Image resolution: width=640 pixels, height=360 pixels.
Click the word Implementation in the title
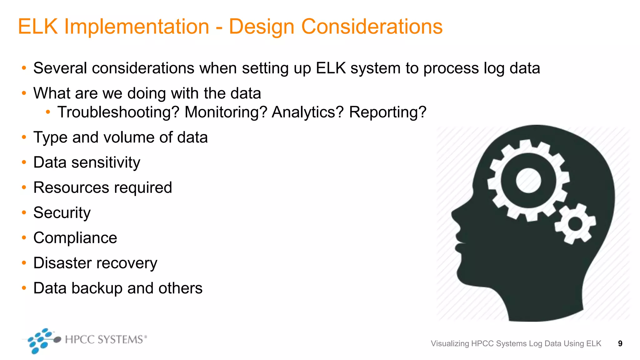coord(137,27)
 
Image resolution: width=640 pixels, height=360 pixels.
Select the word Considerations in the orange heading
coord(372,27)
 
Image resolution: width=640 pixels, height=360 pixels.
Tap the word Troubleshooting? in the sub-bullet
coord(118,112)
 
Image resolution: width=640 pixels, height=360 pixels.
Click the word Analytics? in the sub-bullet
coord(307,112)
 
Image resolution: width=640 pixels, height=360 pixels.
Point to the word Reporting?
coord(387,112)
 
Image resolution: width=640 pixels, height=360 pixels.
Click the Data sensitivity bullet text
coord(87,162)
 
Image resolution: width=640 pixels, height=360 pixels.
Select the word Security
coord(62,213)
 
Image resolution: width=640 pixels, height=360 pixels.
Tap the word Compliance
coord(75,238)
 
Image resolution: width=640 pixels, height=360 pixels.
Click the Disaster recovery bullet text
coord(95,263)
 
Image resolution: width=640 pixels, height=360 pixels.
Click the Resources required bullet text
coord(102,187)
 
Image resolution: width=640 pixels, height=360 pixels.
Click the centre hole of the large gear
coord(528,180)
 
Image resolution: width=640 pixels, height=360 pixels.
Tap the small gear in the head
coord(575,224)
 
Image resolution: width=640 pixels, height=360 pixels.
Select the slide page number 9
coord(620,344)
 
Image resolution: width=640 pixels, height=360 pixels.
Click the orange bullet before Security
coord(24,213)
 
